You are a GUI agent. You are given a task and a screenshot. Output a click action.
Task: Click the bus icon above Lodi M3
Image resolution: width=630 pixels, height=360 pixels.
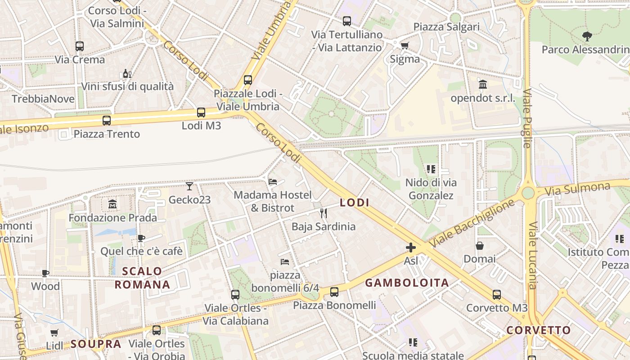201,112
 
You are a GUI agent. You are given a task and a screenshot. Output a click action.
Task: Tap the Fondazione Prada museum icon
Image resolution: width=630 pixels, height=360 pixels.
112,205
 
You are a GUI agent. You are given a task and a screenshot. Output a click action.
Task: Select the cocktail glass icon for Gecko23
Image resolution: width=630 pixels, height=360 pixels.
189,186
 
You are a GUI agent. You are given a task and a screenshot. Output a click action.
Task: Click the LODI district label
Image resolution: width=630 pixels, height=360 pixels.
355,203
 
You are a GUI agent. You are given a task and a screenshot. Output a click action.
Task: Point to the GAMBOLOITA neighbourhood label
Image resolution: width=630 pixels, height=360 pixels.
407,283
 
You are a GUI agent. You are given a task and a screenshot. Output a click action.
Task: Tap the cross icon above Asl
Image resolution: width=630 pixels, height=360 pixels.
411,247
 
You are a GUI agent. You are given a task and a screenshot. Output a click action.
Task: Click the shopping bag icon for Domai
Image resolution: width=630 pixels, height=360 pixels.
480,246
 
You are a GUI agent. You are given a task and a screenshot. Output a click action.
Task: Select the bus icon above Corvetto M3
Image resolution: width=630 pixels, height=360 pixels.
496,295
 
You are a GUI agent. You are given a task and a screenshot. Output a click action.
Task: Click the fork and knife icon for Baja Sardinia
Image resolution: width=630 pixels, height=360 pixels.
323,213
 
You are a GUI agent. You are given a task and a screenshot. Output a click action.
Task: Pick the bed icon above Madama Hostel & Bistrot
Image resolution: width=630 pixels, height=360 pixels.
273,182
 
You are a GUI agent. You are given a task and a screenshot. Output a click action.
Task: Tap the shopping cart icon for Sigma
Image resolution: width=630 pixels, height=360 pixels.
405,45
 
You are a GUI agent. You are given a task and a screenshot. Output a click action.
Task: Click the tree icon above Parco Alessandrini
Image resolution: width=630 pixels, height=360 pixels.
587,36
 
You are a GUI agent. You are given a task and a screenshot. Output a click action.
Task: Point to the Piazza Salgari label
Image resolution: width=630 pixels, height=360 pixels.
446,27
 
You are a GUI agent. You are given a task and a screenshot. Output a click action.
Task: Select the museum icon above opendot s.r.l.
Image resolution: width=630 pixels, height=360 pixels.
483,85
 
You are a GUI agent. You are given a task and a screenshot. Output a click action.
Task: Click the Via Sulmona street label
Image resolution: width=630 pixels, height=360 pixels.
577,189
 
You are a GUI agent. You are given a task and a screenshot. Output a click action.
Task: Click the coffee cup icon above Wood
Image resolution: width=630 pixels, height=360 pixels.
45,273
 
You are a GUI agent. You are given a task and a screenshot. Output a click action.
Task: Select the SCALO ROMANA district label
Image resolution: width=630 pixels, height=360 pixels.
142,278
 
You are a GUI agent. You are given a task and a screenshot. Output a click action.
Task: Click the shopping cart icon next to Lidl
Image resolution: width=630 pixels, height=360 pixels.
54,333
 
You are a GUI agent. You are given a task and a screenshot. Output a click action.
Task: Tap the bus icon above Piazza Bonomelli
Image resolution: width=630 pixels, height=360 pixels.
334,292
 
